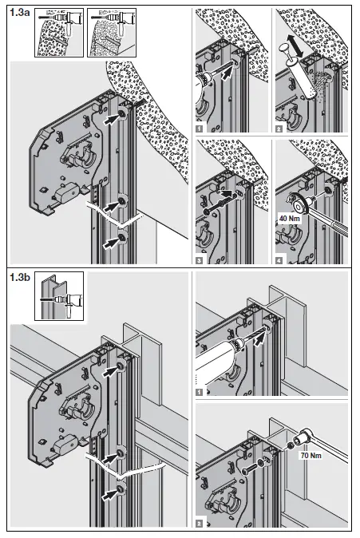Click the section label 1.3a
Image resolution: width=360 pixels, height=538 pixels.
tap(20, 13)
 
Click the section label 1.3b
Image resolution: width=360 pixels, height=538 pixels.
tap(20, 277)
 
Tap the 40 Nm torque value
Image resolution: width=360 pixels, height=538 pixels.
tap(289, 218)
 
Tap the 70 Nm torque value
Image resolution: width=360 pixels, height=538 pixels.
tap(311, 456)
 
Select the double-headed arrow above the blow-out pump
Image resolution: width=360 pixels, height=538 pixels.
tap(295, 45)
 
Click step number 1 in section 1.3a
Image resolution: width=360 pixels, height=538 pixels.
tap(200, 129)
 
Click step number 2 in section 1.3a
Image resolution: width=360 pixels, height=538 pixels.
tap(279, 129)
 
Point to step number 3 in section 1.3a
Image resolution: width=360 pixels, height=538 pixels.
tap(200, 260)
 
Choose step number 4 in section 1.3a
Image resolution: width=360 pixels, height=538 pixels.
tap(279, 260)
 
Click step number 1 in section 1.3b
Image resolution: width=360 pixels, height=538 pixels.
tap(200, 392)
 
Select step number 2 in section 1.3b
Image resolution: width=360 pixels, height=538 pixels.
tap(200, 524)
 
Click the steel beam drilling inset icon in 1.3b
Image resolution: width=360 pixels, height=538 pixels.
tap(59, 296)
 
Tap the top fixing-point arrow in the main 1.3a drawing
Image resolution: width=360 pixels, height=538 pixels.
tap(112, 119)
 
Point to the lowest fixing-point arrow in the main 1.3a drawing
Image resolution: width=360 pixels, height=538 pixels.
tap(112, 242)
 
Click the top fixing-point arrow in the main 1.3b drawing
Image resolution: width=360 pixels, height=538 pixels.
tap(112, 371)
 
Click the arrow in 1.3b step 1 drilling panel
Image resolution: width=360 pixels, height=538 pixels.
tap(260, 339)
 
